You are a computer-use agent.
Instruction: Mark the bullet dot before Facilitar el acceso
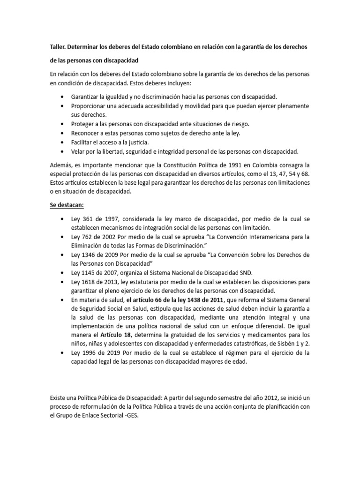click(63, 142)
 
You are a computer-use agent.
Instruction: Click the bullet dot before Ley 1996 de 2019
click(63, 352)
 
